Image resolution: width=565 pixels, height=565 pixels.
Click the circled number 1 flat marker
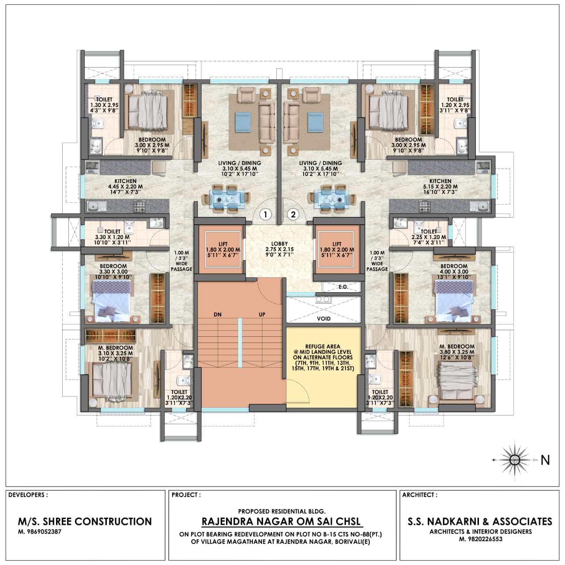click(266, 215)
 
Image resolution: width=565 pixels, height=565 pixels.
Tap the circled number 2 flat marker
click(293, 215)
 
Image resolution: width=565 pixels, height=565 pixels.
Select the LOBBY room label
click(279, 249)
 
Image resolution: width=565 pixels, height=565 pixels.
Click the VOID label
click(324, 319)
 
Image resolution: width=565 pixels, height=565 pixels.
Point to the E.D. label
click(343, 287)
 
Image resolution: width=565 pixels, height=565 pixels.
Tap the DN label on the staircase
click(218, 315)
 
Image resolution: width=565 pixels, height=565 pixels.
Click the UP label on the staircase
click(262, 315)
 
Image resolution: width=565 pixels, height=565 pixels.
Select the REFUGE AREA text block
click(323, 358)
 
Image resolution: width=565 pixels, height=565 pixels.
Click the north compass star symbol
click(515, 460)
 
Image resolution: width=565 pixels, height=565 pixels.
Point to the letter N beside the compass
click(545, 460)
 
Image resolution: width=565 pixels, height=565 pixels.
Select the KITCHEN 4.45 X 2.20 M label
click(125, 186)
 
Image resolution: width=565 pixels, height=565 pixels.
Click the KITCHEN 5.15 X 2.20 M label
click(440, 186)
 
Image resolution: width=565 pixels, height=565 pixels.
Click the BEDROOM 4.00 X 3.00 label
click(454, 271)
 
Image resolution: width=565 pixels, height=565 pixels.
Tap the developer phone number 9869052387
click(40, 531)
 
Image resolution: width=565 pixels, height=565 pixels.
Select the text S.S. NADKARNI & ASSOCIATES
click(480, 522)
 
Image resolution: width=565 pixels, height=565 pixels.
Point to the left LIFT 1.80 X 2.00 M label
click(223, 249)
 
